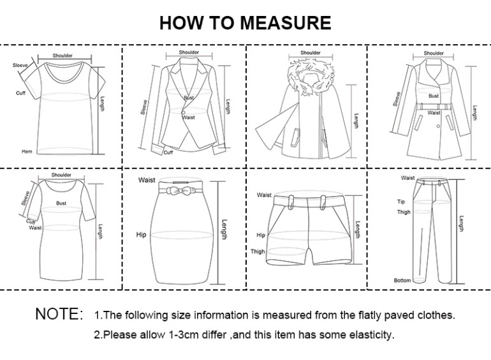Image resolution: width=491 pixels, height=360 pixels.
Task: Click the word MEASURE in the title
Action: click(x=286, y=23)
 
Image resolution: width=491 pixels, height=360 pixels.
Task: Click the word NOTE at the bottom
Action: click(x=59, y=314)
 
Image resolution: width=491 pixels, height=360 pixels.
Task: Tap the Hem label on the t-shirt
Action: click(x=27, y=151)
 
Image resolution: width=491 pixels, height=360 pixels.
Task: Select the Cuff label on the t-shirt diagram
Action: click(x=20, y=93)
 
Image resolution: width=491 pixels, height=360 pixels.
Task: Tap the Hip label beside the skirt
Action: click(x=142, y=235)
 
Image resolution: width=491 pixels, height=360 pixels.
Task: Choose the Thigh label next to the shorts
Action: click(x=258, y=251)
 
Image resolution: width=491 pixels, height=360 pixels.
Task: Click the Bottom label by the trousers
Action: click(x=402, y=280)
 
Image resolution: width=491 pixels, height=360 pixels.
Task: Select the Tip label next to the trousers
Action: click(x=401, y=202)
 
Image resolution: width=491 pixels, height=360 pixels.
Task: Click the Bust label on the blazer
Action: click(x=189, y=98)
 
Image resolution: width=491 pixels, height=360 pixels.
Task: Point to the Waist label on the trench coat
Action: click(x=434, y=113)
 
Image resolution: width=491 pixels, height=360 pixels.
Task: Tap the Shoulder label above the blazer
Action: click(x=189, y=52)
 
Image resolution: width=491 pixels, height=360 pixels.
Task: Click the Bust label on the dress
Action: click(x=61, y=203)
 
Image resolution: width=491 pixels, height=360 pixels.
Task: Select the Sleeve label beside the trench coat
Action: click(x=397, y=99)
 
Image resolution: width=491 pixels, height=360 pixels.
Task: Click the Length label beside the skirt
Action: click(x=224, y=230)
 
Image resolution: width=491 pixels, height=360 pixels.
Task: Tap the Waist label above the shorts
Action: click(x=264, y=195)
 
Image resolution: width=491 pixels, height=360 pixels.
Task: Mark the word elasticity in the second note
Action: click(x=370, y=334)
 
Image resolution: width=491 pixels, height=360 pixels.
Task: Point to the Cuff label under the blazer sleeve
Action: click(x=168, y=153)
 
